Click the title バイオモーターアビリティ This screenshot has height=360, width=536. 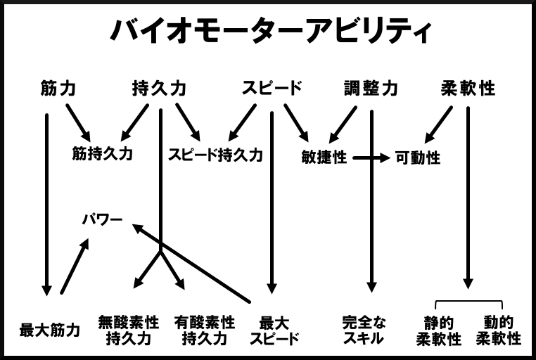pos(270,30)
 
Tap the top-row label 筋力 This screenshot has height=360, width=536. pos(58,88)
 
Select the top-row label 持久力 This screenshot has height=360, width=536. pos(159,88)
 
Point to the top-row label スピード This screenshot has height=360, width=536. pos(272,88)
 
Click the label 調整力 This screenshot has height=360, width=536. pos(371,88)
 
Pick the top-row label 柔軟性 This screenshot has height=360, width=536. pos(468,88)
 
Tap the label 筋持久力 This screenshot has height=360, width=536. pos(103,153)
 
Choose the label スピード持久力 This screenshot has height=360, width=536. pos(215,155)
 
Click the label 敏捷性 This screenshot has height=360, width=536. pos(324,157)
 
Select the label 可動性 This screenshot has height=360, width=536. pos(418,157)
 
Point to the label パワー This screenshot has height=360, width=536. pos(102,219)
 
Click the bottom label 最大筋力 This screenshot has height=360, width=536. pos(49,330)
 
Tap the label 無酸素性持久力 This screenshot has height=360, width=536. pos(129,330)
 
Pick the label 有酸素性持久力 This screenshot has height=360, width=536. pos(205,330)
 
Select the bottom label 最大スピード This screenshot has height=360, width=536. pos(274,330)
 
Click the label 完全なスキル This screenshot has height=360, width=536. pos(364,330)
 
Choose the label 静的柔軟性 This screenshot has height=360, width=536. pos(439,330)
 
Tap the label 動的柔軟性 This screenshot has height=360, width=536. pos(499,330)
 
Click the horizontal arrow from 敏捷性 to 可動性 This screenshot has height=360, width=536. pos(371,157)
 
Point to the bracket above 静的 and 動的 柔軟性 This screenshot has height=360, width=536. pos(468,301)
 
